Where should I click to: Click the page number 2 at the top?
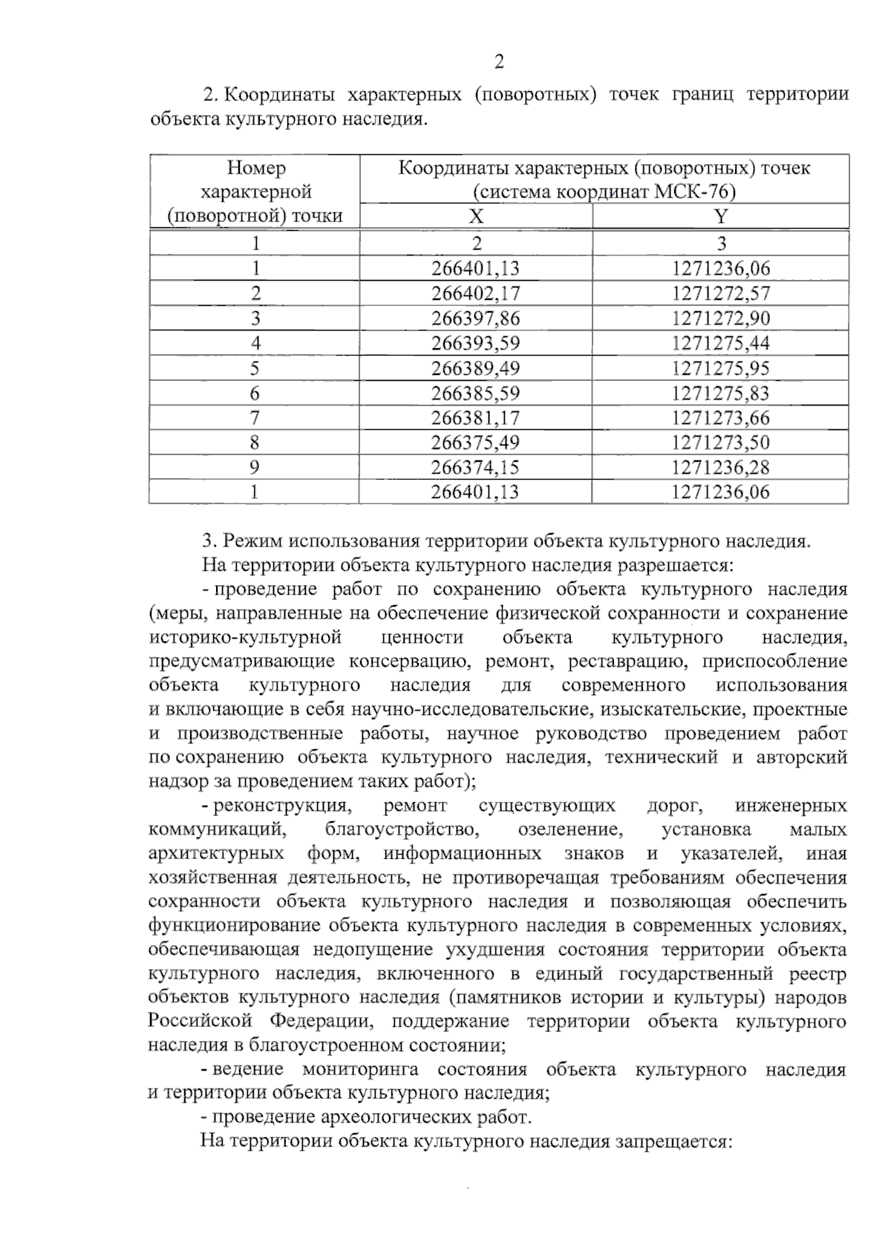tap(499, 62)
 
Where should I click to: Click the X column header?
tap(476, 216)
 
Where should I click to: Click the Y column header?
tap(720, 216)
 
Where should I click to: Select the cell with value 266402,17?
tap(475, 293)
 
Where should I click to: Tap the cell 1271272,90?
tap(720, 319)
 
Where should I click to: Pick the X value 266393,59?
tap(475, 343)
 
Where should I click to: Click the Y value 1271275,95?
tap(720, 368)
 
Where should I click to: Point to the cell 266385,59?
tap(475, 393)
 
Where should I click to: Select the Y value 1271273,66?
tap(720, 418)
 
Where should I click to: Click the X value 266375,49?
tap(475, 443)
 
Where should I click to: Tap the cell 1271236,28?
tap(720, 467)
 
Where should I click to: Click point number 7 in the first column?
tap(255, 418)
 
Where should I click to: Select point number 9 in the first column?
tap(255, 467)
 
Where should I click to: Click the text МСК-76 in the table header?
tap(694, 192)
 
